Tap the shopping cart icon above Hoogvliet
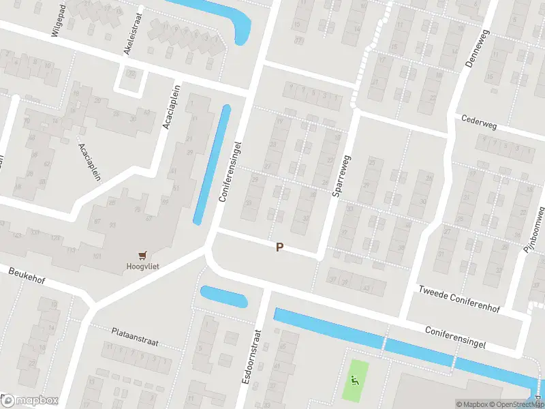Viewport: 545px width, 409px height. click(x=142, y=256)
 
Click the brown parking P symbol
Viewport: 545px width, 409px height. click(x=279, y=247)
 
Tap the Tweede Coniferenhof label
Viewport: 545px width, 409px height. click(x=459, y=299)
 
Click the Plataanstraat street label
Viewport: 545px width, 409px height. click(x=135, y=336)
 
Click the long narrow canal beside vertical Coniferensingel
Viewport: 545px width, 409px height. click(x=211, y=164)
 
